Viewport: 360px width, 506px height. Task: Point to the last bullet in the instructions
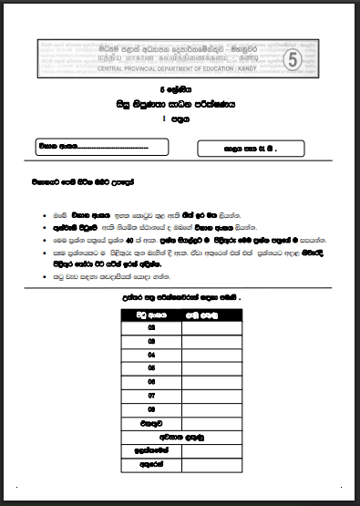coord(44,272)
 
